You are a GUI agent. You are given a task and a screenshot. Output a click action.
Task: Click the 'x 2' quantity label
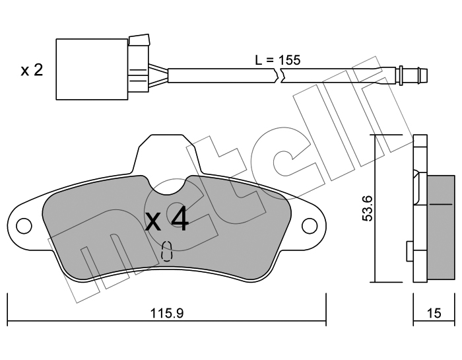pyautogui.click(x=32, y=71)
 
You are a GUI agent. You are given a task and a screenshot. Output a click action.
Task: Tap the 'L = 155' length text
pyautogui.click(x=278, y=60)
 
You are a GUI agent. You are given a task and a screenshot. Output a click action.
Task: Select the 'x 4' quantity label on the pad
pyautogui.click(x=167, y=220)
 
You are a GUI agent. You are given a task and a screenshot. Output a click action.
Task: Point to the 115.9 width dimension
pyautogui.click(x=167, y=313)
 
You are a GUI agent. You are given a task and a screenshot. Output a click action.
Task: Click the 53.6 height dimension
pyautogui.click(x=368, y=208)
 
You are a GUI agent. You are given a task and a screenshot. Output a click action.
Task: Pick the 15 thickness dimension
pyautogui.click(x=434, y=313)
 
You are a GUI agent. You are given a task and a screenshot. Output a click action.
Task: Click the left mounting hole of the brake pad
pyautogui.click(x=24, y=225)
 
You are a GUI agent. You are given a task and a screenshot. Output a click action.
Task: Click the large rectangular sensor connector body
pyautogui.click(x=92, y=69)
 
